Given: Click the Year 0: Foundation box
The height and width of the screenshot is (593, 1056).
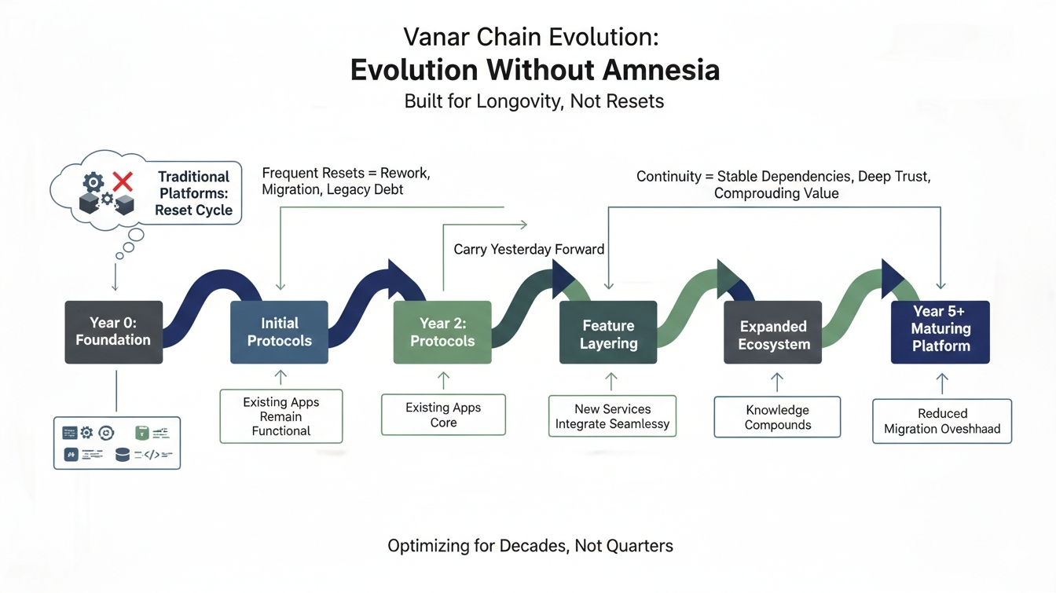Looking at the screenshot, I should (x=114, y=332).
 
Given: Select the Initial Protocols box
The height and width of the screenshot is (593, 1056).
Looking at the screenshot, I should (x=279, y=332).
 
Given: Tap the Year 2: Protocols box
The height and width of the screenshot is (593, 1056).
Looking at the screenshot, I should (x=442, y=332).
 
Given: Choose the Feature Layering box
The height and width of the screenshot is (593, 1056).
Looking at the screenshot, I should (x=608, y=333).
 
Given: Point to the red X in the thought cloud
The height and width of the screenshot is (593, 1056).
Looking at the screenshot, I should (x=123, y=182).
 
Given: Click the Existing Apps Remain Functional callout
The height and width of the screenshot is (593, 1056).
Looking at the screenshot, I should (x=281, y=416).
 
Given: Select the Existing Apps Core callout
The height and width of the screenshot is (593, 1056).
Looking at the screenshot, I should (x=443, y=415).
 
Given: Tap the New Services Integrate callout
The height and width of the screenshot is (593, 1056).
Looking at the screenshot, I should (x=612, y=416).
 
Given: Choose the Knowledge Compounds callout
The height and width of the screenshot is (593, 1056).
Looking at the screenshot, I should (x=777, y=417).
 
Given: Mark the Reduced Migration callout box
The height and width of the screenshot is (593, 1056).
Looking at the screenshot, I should (x=942, y=421).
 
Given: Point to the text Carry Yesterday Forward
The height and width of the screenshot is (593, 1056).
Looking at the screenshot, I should (x=529, y=250).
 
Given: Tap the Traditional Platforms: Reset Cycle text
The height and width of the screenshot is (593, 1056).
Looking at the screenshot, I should (x=193, y=193).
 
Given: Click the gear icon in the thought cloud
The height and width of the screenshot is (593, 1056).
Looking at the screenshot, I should (x=93, y=183).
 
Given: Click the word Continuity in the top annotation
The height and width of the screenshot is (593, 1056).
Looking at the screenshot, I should (x=668, y=177).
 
